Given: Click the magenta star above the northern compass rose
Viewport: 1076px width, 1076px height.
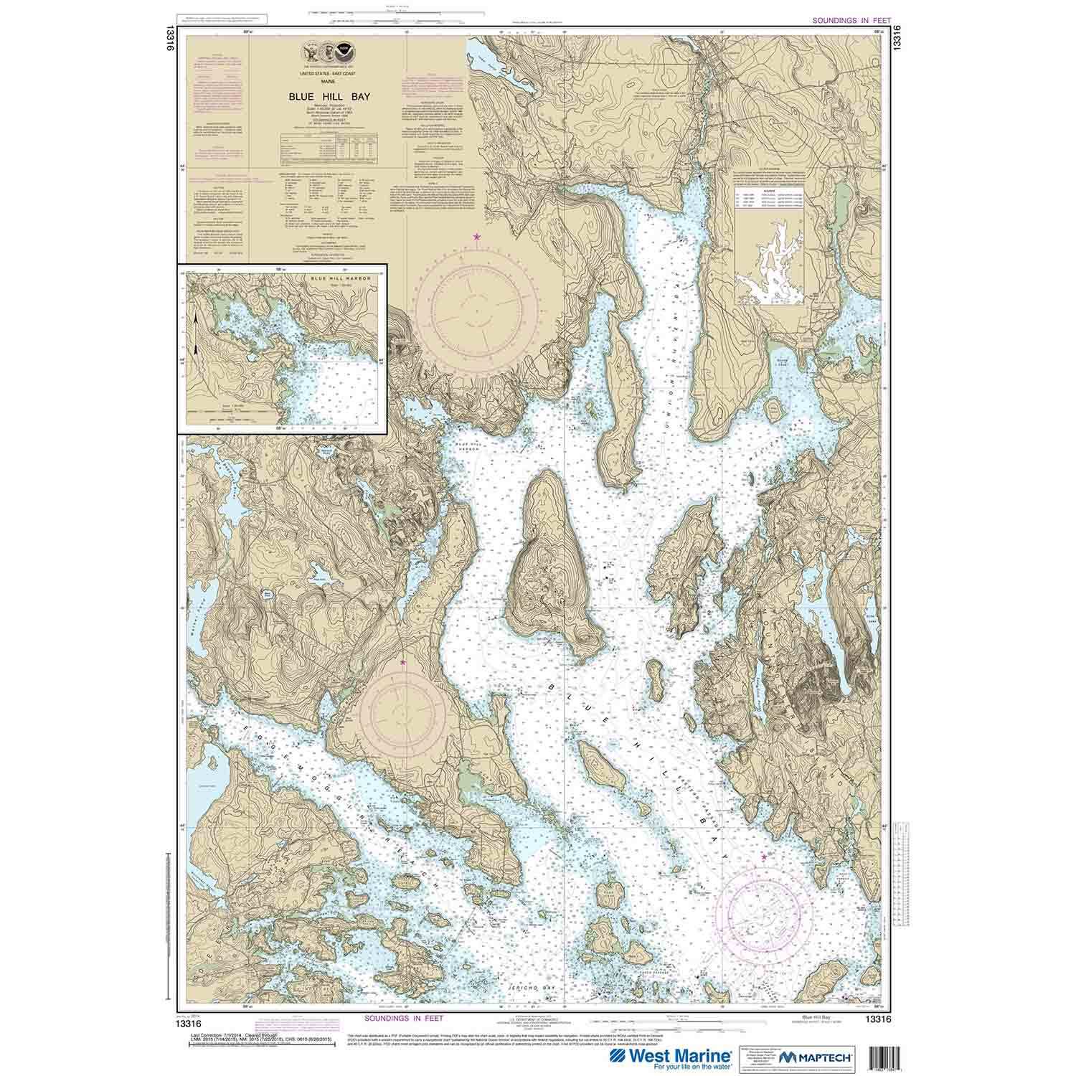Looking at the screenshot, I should (476, 236).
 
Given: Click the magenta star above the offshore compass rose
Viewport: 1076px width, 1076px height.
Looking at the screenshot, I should (765, 856).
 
